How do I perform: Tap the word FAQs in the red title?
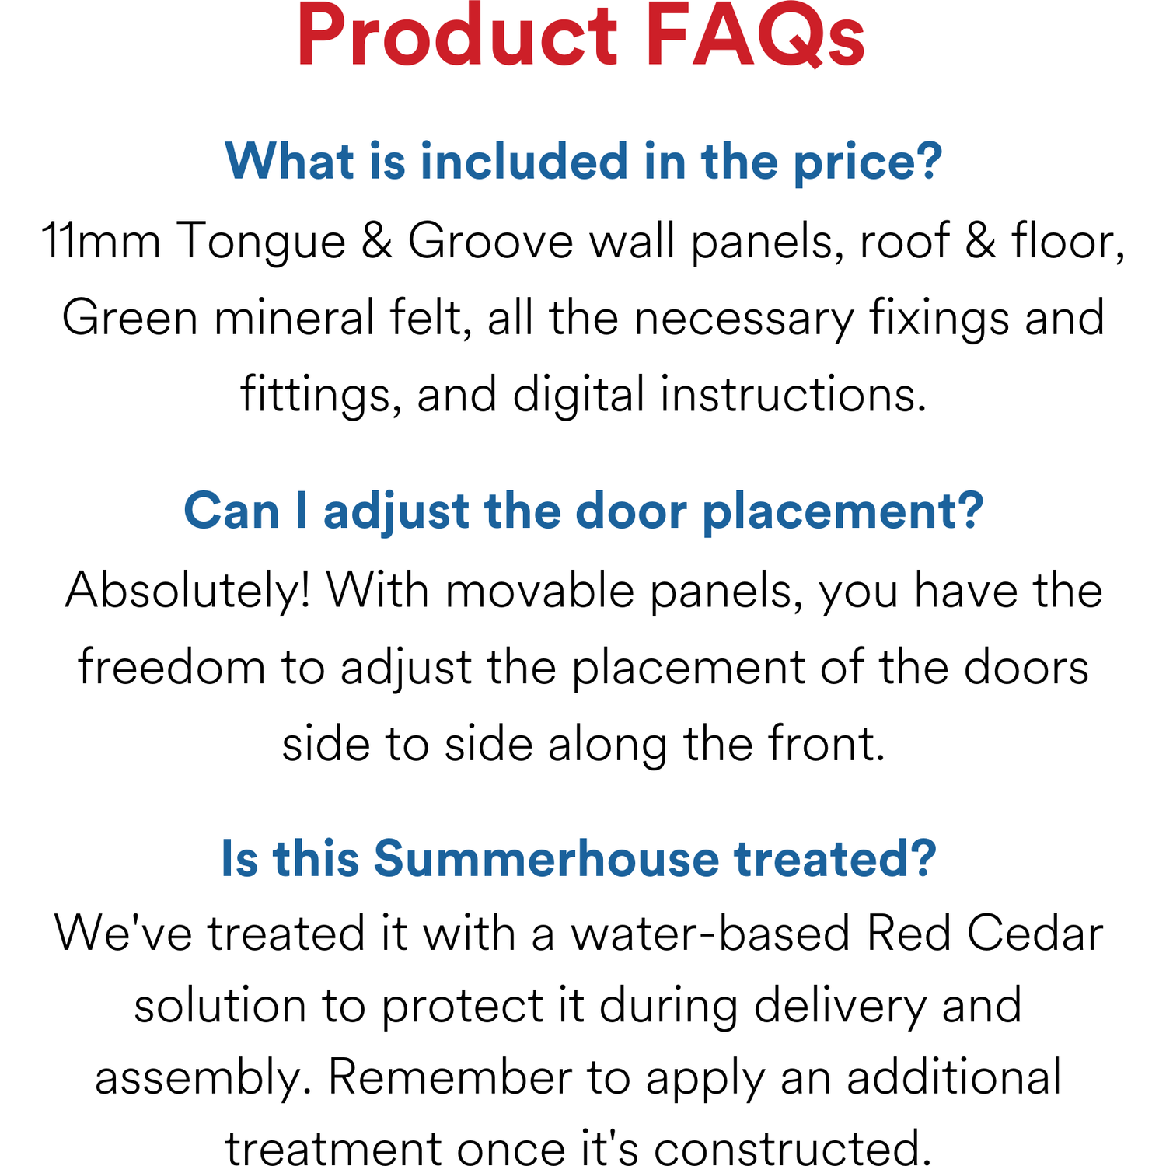tap(755, 37)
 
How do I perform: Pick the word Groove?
tap(490, 241)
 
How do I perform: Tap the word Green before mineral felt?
tap(130, 318)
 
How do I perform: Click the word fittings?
tap(321, 396)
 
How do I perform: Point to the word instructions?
tap(794, 394)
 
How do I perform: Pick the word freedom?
tap(172, 667)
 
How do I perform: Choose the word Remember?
tap(449, 1077)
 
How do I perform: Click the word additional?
tap(954, 1077)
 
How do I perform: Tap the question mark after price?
tap(930, 161)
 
